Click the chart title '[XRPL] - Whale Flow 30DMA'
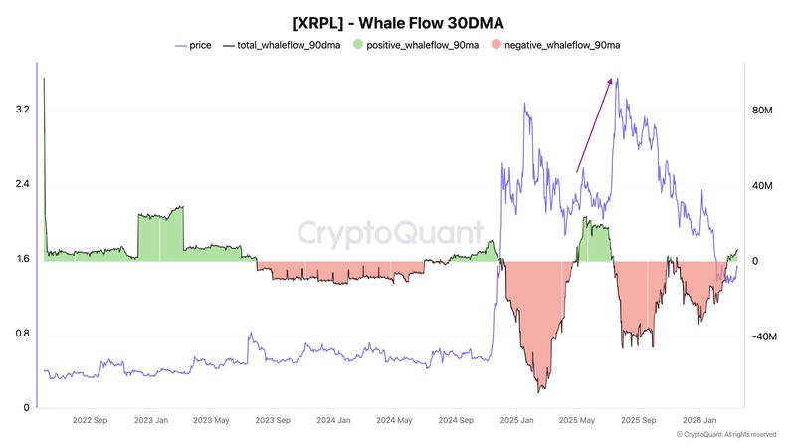pos(398,21)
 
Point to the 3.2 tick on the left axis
pos(22,110)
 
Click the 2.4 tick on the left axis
pos(22,184)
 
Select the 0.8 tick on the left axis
pos(22,334)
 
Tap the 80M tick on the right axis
pos(762,110)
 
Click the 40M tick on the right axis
pos(762,184)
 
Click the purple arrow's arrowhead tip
pos(614,79)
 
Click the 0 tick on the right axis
pos(756,261)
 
